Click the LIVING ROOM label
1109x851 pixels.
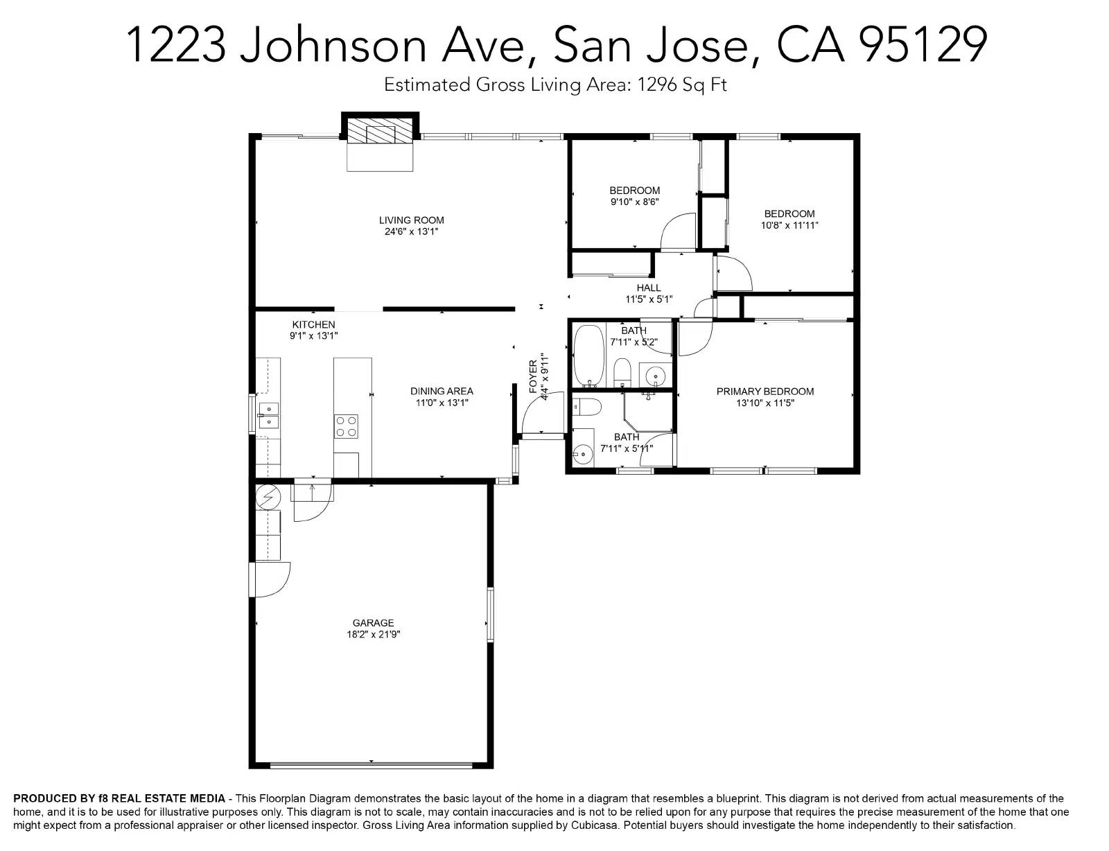coord(411,220)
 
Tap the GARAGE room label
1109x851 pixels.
coord(373,623)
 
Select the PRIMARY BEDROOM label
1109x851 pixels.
coord(765,392)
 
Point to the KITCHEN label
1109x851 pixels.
coord(313,324)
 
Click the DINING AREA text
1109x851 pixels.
coord(442,392)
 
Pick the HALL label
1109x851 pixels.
coord(649,288)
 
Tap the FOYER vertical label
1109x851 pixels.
coord(533,376)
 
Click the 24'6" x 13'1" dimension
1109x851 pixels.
coord(411,231)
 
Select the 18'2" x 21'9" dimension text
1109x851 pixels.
coord(373,635)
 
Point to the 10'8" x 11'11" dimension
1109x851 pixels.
coord(789,225)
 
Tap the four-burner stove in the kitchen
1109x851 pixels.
coord(346,426)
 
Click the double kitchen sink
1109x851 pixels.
coord(268,415)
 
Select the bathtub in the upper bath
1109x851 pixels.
coord(588,355)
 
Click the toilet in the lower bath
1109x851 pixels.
coord(586,407)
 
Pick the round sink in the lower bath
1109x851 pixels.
coord(581,453)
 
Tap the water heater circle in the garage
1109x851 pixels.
coord(268,496)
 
